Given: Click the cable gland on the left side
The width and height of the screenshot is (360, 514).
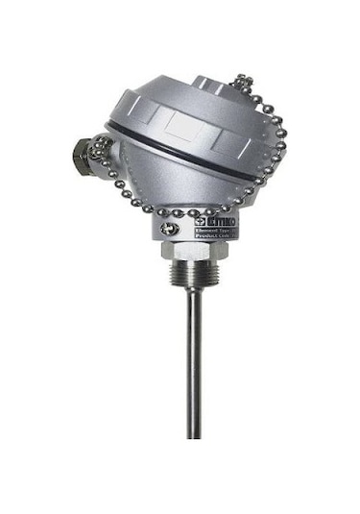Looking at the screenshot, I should [x=81, y=152].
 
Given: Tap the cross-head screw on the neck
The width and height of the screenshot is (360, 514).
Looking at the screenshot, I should [x=169, y=227].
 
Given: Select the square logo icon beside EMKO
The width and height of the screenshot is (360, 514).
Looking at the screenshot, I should [x=200, y=221].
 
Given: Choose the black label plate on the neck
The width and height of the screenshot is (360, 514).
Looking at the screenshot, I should [x=215, y=230].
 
